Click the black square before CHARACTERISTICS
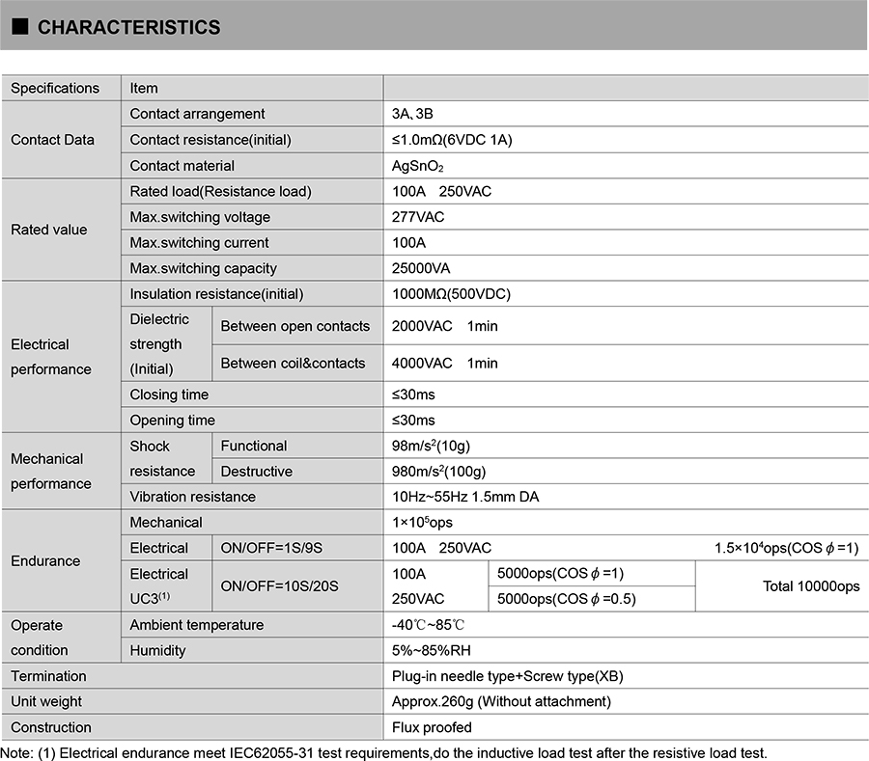click(20, 27)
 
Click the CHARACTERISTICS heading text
click(128, 27)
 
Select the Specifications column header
click(55, 88)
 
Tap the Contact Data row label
click(52, 140)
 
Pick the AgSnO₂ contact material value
click(417, 166)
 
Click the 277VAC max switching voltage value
click(418, 217)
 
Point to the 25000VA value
click(421, 268)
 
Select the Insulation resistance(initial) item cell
click(216, 294)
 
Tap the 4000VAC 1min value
click(444, 363)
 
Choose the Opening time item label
click(173, 420)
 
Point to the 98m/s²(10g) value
click(431, 446)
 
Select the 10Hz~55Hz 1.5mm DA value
click(465, 497)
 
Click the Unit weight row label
click(46, 701)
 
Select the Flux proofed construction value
click(432, 727)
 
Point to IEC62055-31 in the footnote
click(275, 752)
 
